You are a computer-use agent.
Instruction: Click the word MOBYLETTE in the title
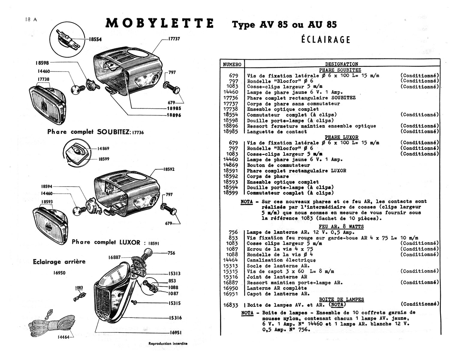click(160, 23)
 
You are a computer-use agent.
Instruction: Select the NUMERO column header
click(232, 64)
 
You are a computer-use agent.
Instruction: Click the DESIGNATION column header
click(341, 64)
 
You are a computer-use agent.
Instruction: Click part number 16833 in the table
click(230, 305)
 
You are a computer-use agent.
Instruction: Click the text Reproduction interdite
click(168, 343)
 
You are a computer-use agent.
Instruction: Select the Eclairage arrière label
click(59, 262)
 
